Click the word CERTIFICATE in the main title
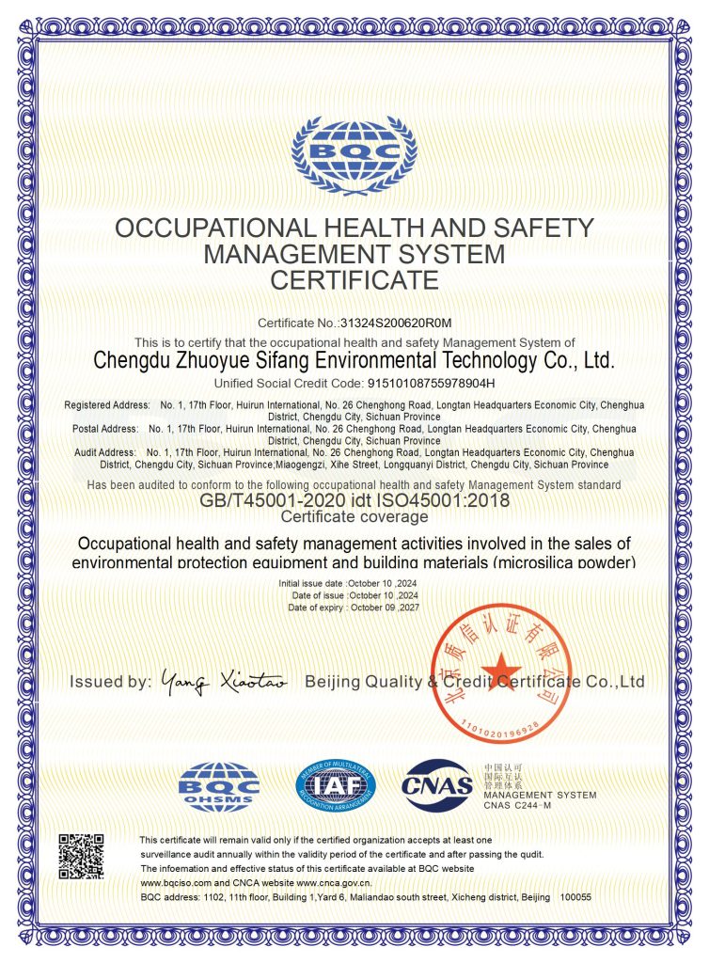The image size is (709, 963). pos(354,279)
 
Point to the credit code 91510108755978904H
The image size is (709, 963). pos(420,384)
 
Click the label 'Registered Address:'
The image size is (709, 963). pos(106,404)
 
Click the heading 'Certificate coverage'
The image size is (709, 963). pos(354,516)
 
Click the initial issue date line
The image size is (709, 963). pos(348,584)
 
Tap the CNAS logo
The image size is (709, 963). pos(437,786)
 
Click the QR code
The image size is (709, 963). pos(83,857)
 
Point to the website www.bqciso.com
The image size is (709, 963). pos(181,883)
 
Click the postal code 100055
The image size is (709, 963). pos(575,898)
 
